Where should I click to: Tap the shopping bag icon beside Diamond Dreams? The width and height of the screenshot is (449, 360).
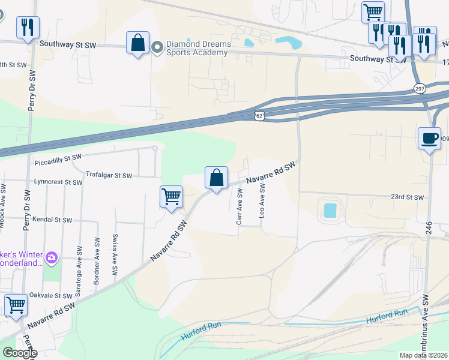[137, 43]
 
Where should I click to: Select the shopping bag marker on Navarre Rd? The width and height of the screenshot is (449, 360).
[216, 178]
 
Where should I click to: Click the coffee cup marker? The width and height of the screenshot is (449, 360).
[429, 139]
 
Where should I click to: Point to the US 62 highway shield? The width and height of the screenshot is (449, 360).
[258, 114]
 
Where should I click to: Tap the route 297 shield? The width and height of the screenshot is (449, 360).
[420, 88]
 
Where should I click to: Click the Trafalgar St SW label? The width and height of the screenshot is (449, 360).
[109, 175]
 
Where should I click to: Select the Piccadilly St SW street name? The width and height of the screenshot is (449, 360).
[58, 157]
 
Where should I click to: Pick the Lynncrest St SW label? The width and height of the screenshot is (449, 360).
[58, 181]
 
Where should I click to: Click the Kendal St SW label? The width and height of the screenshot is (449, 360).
[52, 220]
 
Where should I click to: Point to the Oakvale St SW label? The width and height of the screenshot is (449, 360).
[52, 296]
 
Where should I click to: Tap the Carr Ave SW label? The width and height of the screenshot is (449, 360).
[240, 206]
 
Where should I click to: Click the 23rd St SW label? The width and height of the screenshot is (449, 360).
[407, 197]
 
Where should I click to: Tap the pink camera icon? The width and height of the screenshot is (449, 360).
[52, 258]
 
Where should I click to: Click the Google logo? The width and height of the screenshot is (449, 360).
[19, 353]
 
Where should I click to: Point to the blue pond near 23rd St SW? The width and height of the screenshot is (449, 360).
[330, 210]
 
